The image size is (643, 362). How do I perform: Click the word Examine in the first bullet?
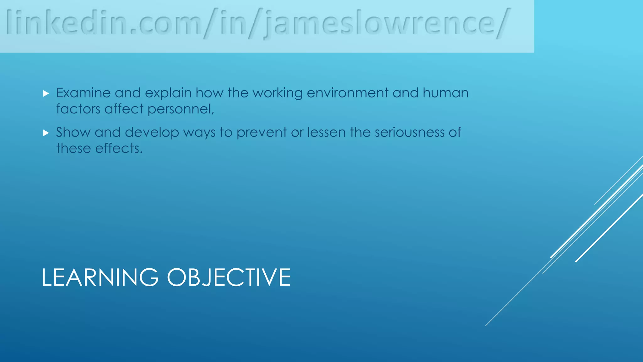83,93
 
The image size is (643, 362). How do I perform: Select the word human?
446,93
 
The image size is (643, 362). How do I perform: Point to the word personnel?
181,109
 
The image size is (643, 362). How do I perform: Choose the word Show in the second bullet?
73,132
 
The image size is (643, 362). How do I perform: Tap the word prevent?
262,133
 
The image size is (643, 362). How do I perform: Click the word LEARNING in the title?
100,277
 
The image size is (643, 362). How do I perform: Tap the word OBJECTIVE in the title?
229,277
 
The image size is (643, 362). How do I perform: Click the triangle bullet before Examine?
46,93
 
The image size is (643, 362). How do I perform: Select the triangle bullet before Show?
46,133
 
